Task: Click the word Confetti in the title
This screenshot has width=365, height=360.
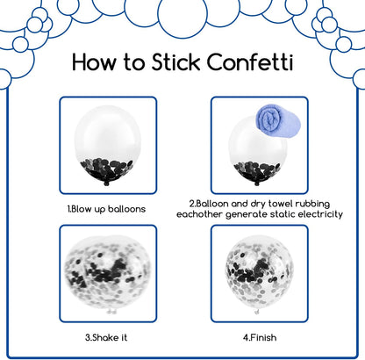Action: (x=249, y=61)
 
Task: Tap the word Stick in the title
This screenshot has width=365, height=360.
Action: (x=175, y=61)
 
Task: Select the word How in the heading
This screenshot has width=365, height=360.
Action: (x=94, y=61)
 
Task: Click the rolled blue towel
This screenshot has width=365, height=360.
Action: (x=278, y=122)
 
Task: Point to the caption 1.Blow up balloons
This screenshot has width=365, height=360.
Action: (x=106, y=209)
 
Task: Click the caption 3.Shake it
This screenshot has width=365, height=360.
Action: (x=106, y=337)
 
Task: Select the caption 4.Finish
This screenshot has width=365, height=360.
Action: (x=260, y=337)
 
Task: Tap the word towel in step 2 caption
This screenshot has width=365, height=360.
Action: (x=281, y=204)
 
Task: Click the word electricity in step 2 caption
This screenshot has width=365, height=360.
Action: (x=318, y=214)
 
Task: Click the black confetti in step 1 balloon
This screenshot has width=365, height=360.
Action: (x=106, y=170)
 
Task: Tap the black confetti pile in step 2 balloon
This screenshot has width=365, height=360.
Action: (x=257, y=172)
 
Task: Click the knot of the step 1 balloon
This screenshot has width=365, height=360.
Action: (x=106, y=184)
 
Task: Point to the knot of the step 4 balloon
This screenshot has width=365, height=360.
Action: (x=257, y=312)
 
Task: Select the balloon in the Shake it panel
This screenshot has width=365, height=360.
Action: (x=107, y=273)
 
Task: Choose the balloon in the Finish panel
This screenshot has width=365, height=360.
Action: (x=259, y=274)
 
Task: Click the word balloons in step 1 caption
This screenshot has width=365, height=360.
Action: (x=126, y=209)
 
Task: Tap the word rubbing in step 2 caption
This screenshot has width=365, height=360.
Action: (x=312, y=204)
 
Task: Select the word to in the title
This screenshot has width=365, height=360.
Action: (x=133, y=62)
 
